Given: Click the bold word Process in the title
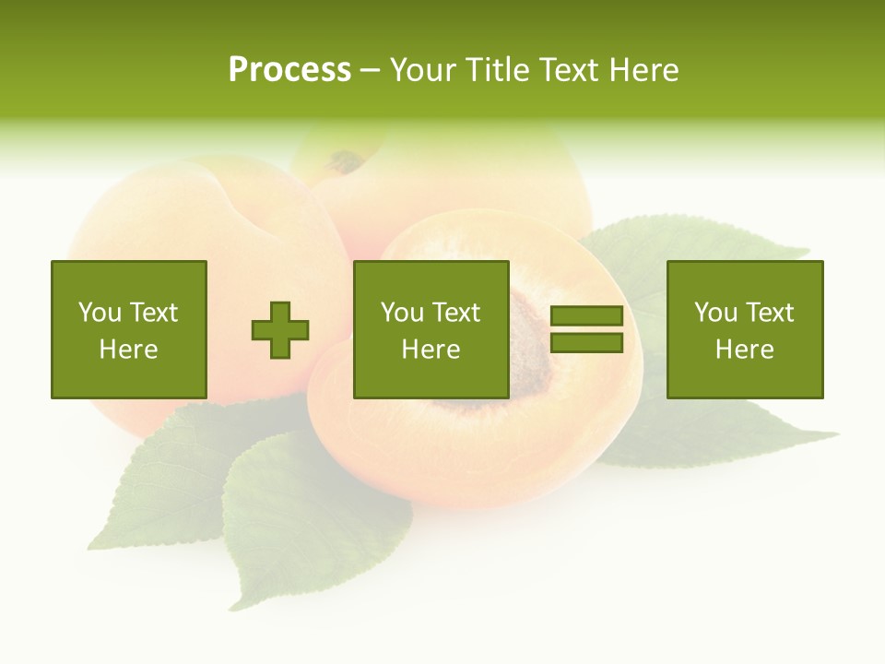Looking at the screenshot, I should [289, 70].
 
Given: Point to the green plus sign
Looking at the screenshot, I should [280, 329].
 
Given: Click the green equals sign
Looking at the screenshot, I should [586, 329].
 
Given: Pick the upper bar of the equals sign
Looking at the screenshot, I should [586, 316].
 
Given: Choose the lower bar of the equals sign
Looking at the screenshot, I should [586, 343].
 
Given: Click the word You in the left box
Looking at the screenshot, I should [99, 313].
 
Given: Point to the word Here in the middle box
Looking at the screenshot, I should [431, 350].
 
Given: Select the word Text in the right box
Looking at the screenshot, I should [770, 313].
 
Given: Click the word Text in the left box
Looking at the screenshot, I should [154, 313].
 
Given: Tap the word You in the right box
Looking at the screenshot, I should [715, 313].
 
